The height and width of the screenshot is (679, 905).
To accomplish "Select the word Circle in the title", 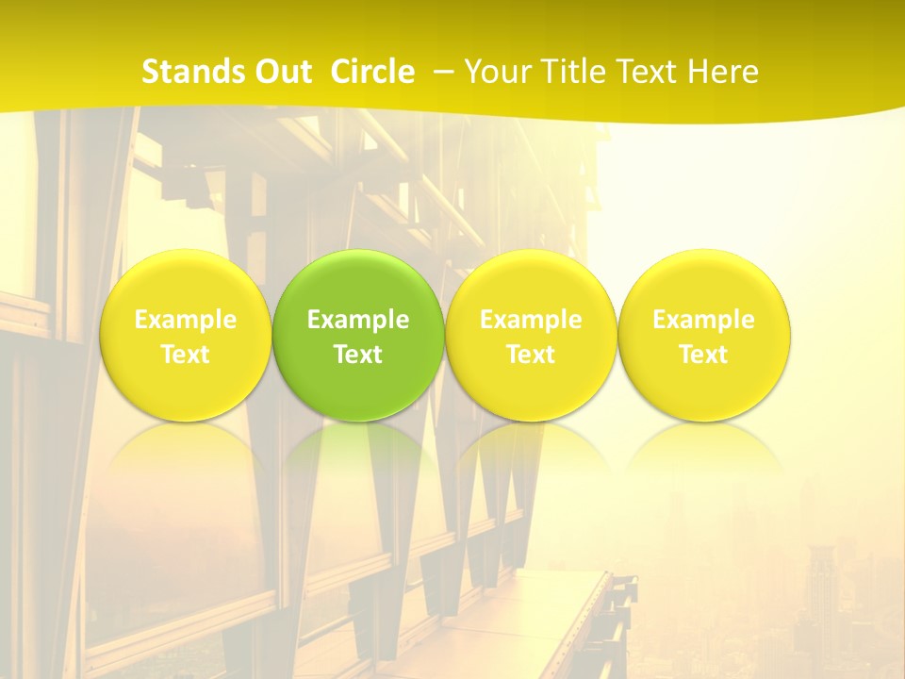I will click(372, 72).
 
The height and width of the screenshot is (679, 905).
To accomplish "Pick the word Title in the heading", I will click(566, 72).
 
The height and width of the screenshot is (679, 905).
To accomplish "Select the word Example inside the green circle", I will click(358, 320).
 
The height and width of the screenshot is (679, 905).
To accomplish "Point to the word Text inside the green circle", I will click(358, 355).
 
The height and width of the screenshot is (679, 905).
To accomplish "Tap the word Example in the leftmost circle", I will click(186, 320).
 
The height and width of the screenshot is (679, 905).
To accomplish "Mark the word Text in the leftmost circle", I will click(186, 355).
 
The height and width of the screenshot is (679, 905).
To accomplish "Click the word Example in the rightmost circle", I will click(704, 320).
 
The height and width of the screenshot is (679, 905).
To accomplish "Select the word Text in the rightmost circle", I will click(704, 355).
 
